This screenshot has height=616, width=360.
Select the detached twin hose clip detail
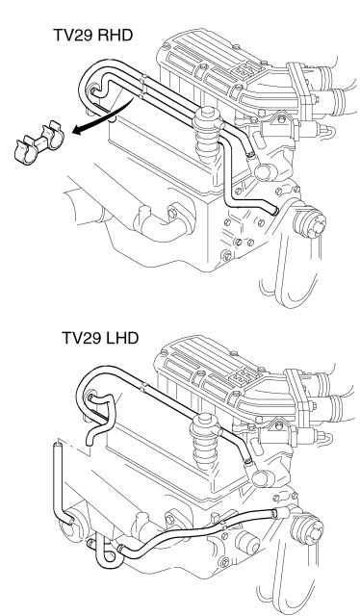point(39,143)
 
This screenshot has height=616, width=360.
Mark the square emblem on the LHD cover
point(238,377)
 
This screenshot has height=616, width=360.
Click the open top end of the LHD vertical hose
point(58,446)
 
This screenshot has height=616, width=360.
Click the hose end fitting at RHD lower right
point(276,212)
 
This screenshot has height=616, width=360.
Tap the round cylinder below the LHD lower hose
point(248,544)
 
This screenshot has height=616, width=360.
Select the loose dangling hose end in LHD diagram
point(90,441)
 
